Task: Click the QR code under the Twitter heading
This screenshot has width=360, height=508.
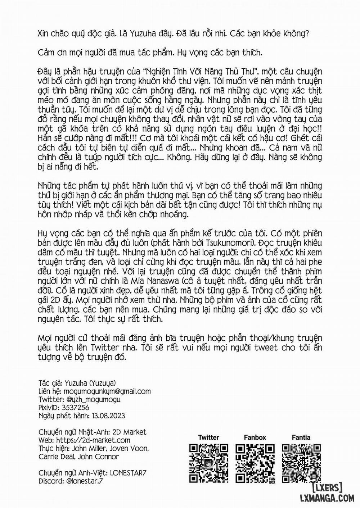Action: [x=209, y=463]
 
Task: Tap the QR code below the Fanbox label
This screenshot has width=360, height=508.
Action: [x=255, y=463]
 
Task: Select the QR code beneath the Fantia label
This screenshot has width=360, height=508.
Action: [x=301, y=463]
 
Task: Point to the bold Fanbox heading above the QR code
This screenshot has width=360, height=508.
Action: [x=255, y=437]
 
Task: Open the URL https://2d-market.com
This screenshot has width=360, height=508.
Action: [x=92, y=440]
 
